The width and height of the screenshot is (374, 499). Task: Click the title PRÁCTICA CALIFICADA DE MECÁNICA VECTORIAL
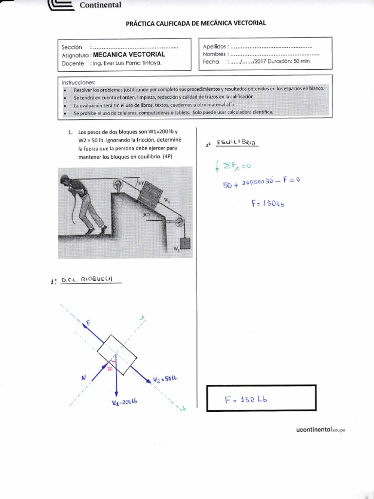click(196, 23)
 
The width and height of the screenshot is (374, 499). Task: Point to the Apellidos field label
click(214, 46)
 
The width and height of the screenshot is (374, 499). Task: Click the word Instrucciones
click(79, 81)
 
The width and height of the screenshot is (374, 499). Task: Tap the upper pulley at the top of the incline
click(117, 186)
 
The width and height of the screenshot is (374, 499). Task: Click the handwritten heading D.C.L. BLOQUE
click(88, 280)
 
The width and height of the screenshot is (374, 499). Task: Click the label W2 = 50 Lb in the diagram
click(164, 380)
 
